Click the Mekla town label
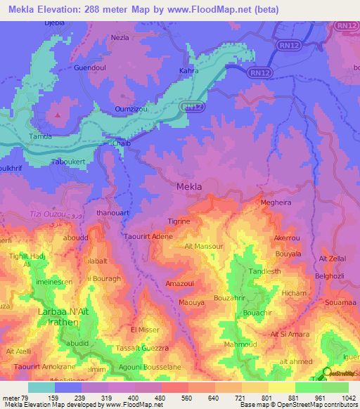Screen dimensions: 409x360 [x=188, y=187]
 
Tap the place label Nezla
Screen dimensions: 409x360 [x=120, y=37]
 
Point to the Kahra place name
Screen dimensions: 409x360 [x=189, y=71]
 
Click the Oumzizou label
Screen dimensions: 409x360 [x=131, y=109]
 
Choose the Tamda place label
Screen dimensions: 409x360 [x=40, y=136]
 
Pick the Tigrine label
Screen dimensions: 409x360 [x=179, y=221]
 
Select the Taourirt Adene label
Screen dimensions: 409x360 [x=149, y=237]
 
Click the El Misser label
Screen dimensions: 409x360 [x=146, y=329]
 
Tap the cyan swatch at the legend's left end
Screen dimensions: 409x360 [x=41, y=387]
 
